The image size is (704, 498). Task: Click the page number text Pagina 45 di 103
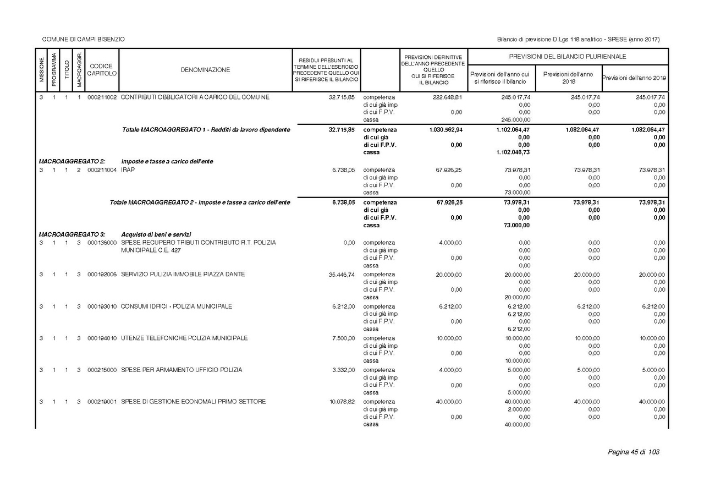pos(633,452)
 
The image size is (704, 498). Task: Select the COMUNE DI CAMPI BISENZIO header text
pos(84,40)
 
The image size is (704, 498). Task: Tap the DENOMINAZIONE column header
pos(205,70)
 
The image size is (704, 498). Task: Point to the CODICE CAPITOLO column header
pos(102,70)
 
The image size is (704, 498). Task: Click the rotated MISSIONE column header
pos(42,70)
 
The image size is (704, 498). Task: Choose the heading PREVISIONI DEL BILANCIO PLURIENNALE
pos(568,57)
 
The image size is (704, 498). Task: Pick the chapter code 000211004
pos(102,170)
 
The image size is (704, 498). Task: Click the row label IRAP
pos(128,170)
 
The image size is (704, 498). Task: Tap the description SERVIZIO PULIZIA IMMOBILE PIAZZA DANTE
pos(183,275)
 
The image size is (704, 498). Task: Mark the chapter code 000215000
pos(102,370)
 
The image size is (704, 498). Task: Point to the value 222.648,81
pos(447,97)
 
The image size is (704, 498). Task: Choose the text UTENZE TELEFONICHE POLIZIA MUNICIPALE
pos(184,338)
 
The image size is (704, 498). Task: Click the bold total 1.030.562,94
pos(446,130)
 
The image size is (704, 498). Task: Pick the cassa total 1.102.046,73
pos(513,152)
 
